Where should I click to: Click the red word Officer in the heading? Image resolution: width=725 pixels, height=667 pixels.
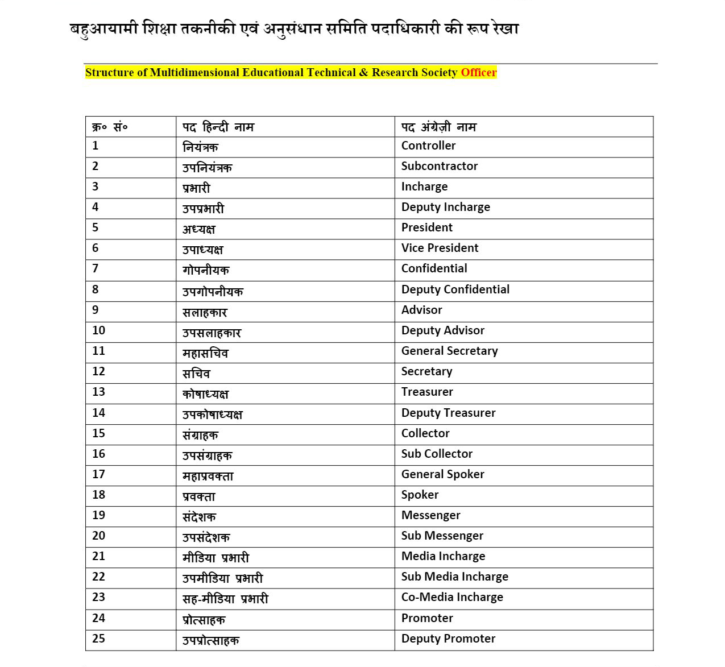pyautogui.click(x=478, y=73)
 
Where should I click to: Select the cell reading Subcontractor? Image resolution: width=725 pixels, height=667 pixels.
pyautogui.click(x=439, y=166)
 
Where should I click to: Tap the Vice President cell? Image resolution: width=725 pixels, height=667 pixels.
pyautogui.click(x=440, y=248)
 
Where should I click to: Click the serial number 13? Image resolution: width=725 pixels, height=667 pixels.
pyautogui.click(x=98, y=392)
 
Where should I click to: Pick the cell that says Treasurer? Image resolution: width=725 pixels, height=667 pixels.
pyautogui.click(x=427, y=392)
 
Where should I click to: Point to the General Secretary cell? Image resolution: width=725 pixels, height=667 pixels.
pyautogui.click(x=449, y=351)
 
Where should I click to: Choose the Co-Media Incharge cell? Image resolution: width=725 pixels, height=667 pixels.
pyautogui.click(x=452, y=597)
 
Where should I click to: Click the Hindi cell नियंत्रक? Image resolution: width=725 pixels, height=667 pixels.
pyautogui.click(x=200, y=147)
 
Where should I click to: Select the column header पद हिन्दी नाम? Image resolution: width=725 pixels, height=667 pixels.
pyautogui.click(x=218, y=127)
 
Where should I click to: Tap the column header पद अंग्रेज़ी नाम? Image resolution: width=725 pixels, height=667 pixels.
pyautogui.click(x=438, y=127)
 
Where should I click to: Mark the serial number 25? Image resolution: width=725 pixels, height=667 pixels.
pyautogui.click(x=98, y=639)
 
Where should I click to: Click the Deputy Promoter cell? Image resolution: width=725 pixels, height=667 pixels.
pyautogui.click(x=448, y=639)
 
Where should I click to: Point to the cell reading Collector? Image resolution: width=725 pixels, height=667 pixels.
pyautogui.click(x=425, y=433)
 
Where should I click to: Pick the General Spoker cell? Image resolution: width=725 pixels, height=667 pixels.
pyautogui.click(x=442, y=474)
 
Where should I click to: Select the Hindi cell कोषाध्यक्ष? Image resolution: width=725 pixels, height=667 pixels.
pyautogui.click(x=205, y=393)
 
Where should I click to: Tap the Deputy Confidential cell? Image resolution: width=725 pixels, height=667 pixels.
pyautogui.click(x=455, y=289)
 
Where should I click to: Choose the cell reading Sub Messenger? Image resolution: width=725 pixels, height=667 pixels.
pyautogui.click(x=442, y=536)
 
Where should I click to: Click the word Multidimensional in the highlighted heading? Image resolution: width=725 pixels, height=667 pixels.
pyautogui.click(x=194, y=73)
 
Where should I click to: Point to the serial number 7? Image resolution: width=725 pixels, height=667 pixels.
pyautogui.click(x=95, y=268)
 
